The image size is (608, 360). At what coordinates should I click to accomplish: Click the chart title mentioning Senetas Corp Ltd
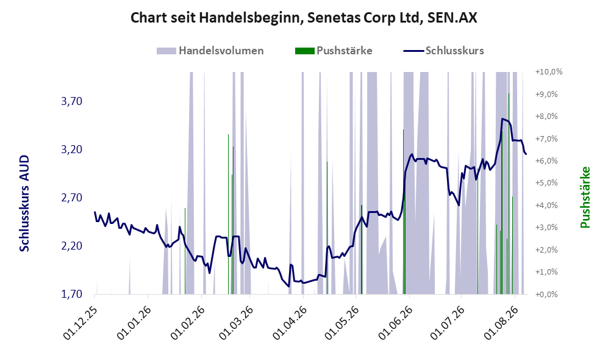point(304,18)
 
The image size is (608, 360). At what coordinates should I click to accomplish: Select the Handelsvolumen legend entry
point(210,51)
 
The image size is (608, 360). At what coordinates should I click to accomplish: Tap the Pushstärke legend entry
point(334,51)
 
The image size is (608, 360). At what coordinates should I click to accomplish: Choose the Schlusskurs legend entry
point(443,51)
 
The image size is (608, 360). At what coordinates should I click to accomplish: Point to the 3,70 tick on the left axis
point(72,102)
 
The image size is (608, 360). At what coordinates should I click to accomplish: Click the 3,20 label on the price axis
point(72,149)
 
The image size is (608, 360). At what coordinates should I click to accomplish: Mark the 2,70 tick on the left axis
point(72,198)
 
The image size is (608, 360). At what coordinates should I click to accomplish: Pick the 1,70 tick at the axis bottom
point(72,294)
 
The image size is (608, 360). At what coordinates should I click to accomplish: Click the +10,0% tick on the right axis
point(549,72)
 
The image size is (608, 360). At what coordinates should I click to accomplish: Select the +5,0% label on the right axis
point(547,182)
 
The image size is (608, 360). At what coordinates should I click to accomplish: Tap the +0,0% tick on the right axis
point(547,294)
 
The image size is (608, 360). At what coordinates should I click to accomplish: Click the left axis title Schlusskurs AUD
point(24,203)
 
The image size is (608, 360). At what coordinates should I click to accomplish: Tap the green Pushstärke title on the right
point(585,198)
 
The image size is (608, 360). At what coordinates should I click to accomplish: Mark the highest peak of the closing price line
point(502,119)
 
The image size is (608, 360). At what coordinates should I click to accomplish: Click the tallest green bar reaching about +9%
point(509,193)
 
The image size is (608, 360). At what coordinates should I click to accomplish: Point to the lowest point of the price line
point(288,286)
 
